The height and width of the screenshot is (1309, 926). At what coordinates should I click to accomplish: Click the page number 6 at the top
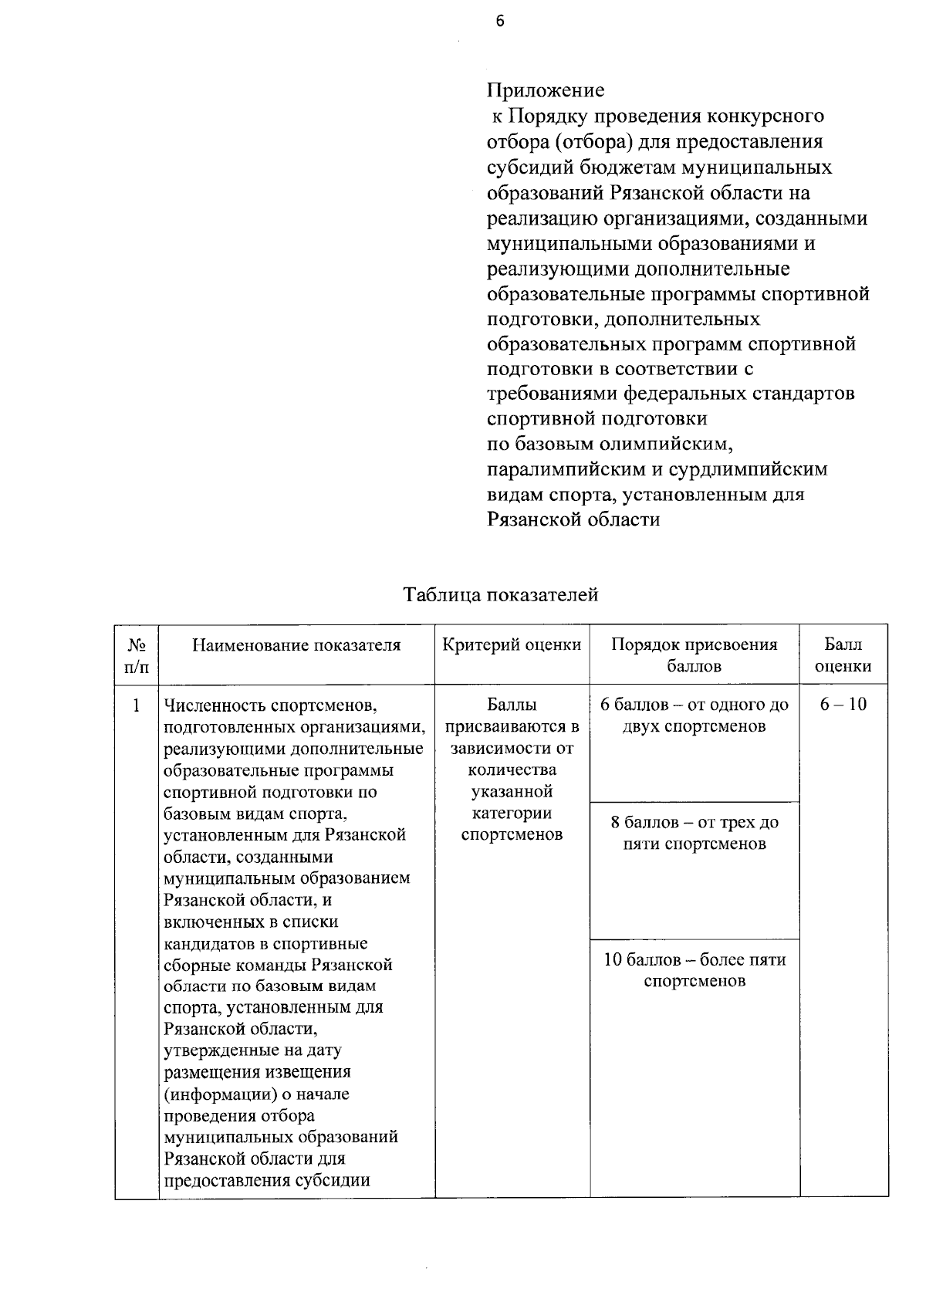500,22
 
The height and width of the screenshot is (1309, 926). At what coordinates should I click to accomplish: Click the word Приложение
545,90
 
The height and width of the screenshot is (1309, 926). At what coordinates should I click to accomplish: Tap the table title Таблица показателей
501,594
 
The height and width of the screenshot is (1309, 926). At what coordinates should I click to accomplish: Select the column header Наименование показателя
296,645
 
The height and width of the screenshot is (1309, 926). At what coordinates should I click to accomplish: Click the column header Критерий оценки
512,645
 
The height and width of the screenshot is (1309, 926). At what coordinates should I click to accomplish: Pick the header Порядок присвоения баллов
694,655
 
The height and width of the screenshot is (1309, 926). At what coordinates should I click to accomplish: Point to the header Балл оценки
843,655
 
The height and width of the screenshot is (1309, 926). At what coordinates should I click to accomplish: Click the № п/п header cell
136,655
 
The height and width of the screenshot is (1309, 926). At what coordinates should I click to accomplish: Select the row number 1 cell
137,705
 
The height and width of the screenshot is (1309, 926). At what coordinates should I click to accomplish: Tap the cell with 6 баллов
694,715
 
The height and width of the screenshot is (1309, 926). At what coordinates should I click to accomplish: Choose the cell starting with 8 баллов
694,833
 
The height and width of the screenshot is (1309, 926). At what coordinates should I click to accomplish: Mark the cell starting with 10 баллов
694,970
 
